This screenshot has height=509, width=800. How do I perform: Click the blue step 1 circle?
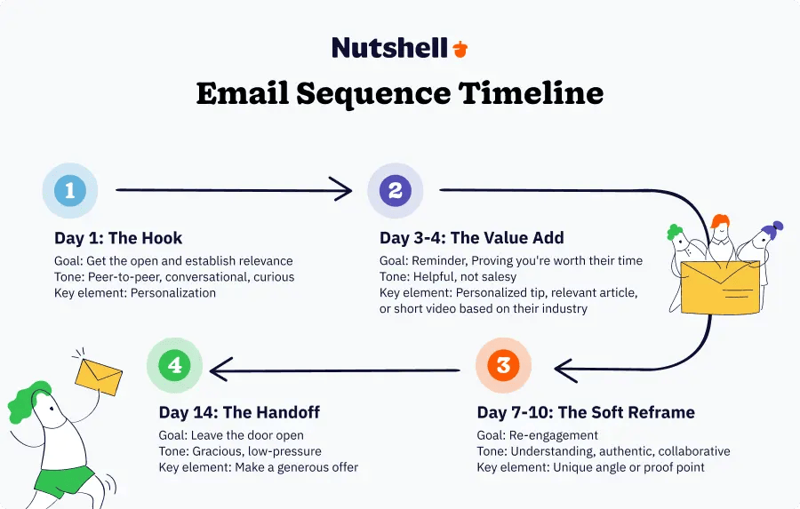[x=70, y=191]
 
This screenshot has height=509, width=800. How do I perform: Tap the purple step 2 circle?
[x=396, y=191]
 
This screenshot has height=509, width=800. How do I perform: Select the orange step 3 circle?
[x=504, y=365]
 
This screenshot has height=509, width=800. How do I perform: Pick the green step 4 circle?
[x=174, y=365]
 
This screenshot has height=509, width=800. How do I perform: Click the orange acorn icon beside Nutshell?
[x=460, y=49]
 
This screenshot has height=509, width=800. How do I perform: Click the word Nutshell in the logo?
[x=390, y=48]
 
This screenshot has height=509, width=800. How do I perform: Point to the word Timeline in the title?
[x=531, y=93]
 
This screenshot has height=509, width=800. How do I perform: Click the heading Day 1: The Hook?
[x=118, y=238]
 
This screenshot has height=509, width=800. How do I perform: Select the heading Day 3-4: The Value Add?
[x=472, y=238]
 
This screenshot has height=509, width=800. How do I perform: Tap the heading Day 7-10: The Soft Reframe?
[x=586, y=412]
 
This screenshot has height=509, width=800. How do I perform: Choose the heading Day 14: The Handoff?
[x=239, y=412]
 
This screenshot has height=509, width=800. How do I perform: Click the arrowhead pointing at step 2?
[x=342, y=190]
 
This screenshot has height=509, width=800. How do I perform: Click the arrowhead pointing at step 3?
[x=566, y=370]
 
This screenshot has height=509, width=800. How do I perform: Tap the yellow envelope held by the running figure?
[x=99, y=377]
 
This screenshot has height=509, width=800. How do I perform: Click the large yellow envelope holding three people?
[x=720, y=287]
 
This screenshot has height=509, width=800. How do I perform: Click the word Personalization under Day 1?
[x=173, y=293]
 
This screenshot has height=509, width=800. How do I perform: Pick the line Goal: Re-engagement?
[x=537, y=435]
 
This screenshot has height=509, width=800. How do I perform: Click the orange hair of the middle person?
[x=719, y=221]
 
